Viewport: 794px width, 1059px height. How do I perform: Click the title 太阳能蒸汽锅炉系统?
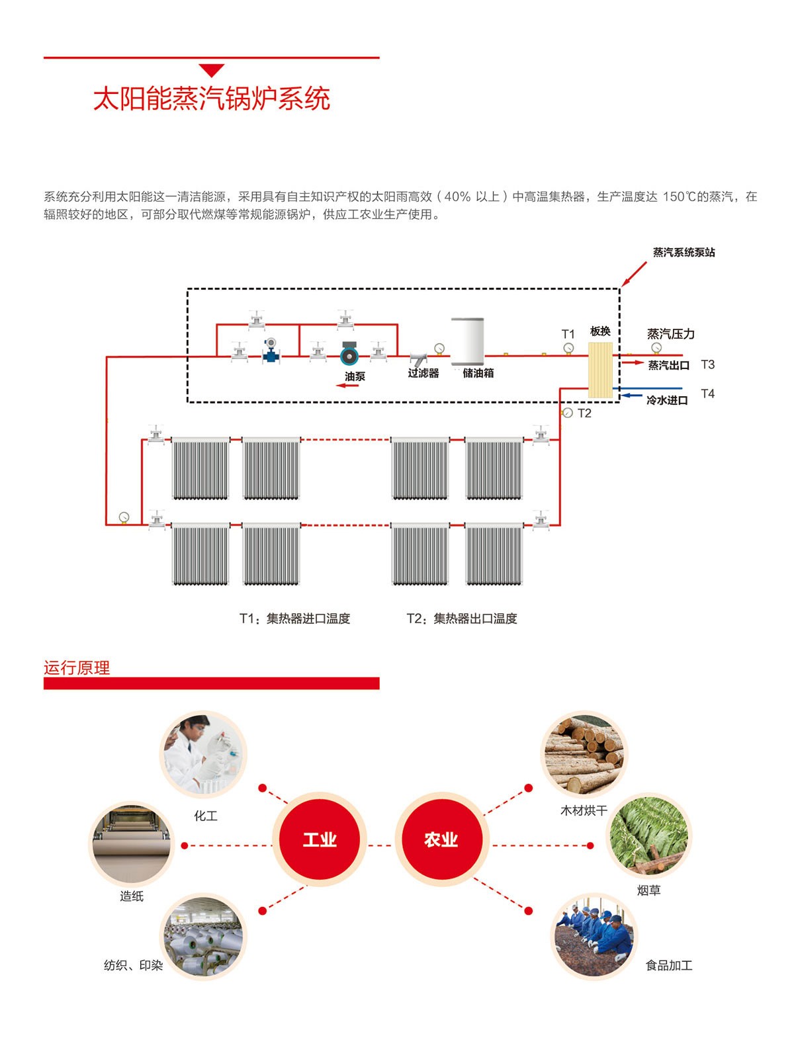[x=211, y=99]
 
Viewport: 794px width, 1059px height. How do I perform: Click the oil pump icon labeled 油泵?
[x=349, y=356]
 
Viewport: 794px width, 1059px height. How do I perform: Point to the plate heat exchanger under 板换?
[x=600, y=369]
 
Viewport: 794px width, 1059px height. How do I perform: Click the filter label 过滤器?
[x=423, y=374]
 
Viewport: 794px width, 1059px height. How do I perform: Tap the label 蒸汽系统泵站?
[x=684, y=252]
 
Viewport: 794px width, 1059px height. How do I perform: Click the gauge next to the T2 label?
[x=568, y=413]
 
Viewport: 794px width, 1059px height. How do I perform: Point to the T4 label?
[x=707, y=394]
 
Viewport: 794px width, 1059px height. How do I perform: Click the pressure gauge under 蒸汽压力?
[x=656, y=348]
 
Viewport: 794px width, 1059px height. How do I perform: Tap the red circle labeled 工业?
[x=320, y=840]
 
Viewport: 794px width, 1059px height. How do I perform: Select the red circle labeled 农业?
[x=441, y=840]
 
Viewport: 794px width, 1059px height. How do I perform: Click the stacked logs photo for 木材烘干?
[x=584, y=754]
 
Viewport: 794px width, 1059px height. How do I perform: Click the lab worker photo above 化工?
[x=204, y=755]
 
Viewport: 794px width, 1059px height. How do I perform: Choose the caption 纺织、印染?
[x=133, y=966]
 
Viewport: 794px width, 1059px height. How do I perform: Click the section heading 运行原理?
[x=77, y=668]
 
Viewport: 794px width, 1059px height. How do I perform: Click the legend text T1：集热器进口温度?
[x=295, y=619]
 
